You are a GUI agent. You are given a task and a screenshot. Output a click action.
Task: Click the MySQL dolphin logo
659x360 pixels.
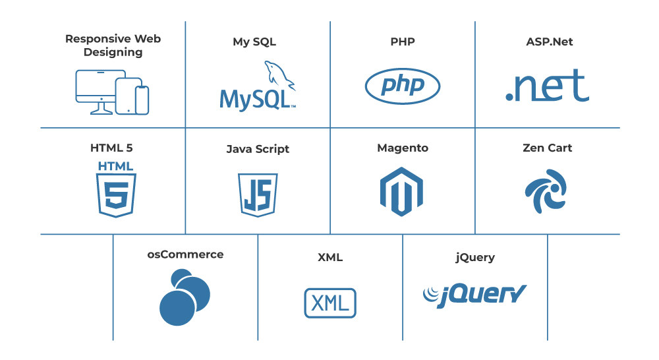(x=258, y=86)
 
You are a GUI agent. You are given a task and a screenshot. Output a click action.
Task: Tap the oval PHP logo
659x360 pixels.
(x=403, y=86)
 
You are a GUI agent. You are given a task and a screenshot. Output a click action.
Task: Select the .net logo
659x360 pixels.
(x=547, y=86)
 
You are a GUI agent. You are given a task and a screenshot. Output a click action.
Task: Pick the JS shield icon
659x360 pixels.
(x=258, y=194)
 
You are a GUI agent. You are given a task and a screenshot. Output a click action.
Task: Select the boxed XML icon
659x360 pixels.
(x=330, y=303)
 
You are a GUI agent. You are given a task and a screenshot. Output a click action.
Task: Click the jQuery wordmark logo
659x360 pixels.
(x=474, y=293)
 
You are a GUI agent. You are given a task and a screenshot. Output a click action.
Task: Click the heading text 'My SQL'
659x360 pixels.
(x=254, y=42)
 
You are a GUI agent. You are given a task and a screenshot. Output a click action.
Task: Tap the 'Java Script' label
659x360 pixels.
(x=258, y=149)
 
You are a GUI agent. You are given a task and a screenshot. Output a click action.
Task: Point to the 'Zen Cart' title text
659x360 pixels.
(x=547, y=148)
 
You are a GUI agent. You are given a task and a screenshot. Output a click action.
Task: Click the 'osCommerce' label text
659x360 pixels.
(x=185, y=255)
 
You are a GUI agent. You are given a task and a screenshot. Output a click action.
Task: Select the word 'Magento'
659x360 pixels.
(x=403, y=148)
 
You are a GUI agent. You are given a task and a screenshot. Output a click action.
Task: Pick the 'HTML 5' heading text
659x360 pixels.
(x=111, y=148)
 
